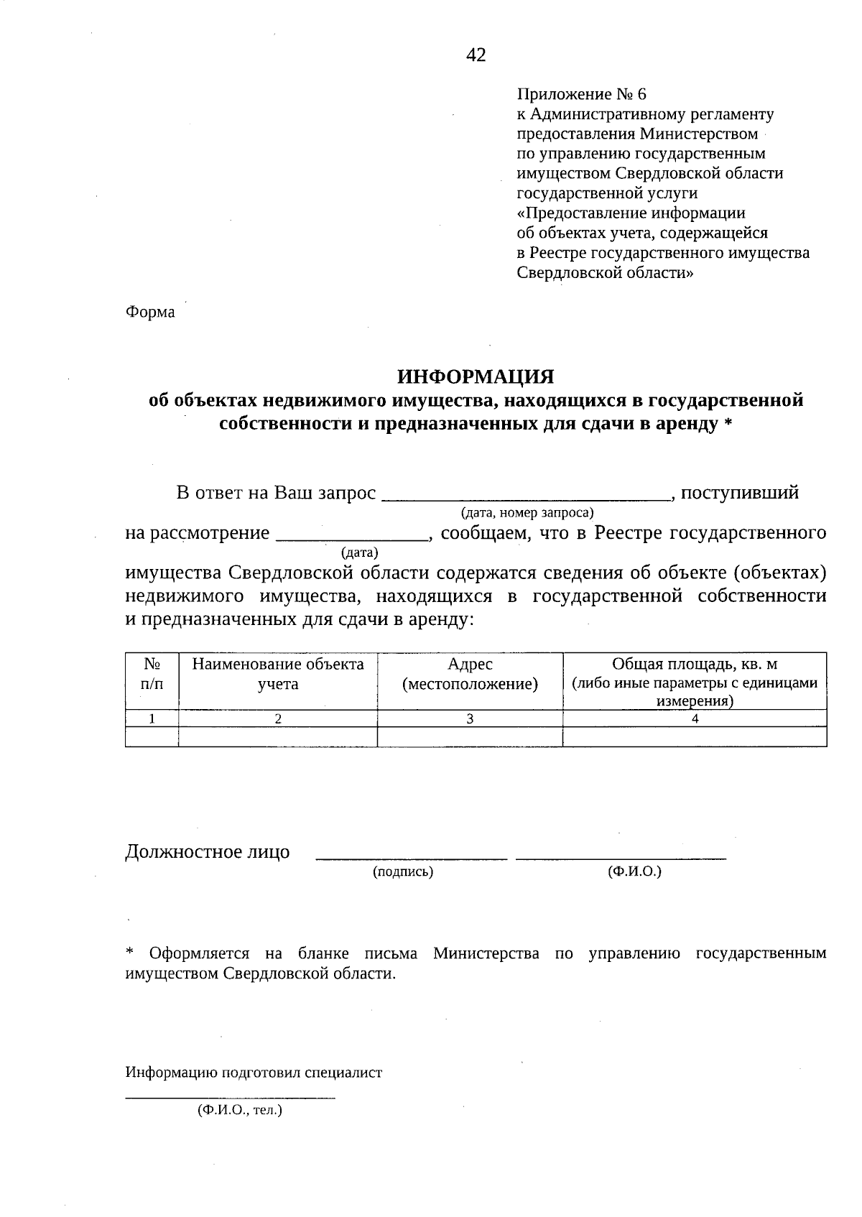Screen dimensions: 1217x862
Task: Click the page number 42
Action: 476,55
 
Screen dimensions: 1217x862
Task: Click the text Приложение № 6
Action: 582,94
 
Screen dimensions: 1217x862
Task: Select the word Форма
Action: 150,313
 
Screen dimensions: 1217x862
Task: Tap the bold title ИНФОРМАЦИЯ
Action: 476,376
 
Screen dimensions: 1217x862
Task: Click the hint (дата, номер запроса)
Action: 527,512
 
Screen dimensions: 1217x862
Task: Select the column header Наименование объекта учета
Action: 278,674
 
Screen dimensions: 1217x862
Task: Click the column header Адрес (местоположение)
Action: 470,674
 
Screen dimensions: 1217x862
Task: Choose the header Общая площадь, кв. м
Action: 694,664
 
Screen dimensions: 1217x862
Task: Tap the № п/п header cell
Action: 152,674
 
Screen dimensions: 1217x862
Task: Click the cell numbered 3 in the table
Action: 470,718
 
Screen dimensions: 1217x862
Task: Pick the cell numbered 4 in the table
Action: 694,718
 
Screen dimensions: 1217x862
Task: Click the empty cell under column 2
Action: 278,736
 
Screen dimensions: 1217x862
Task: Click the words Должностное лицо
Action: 208,852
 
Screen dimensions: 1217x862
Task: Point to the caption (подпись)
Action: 402,871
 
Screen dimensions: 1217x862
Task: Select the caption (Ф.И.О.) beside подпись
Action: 634,871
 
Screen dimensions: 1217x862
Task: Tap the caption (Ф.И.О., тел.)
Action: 239,1110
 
